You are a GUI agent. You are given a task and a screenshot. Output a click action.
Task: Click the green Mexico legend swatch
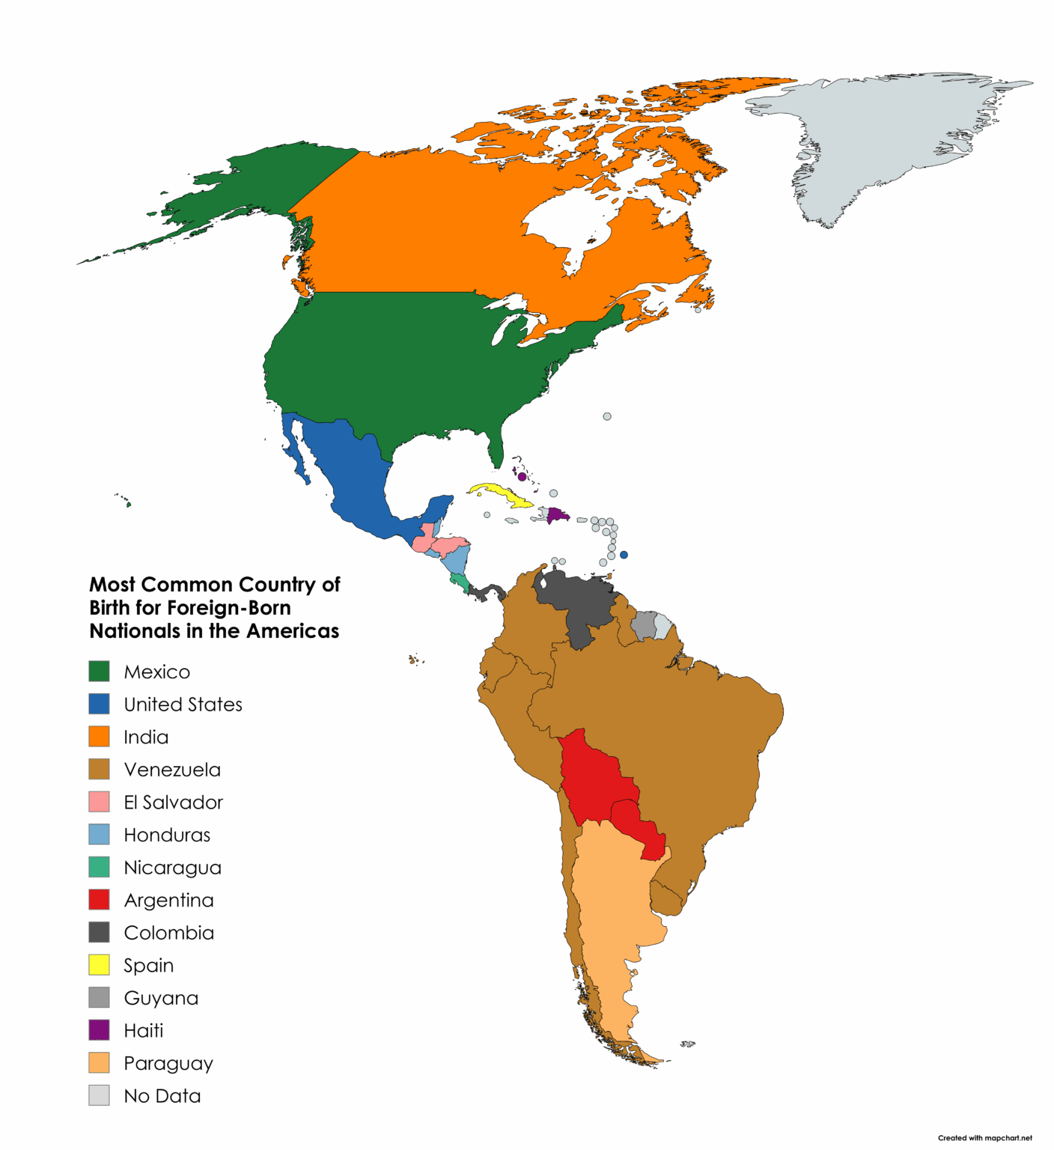[x=99, y=671]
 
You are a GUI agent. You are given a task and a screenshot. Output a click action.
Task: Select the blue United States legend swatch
[x=99, y=704]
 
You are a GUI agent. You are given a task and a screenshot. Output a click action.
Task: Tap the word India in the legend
[x=146, y=737]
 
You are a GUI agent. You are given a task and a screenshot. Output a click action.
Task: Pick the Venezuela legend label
[x=172, y=770]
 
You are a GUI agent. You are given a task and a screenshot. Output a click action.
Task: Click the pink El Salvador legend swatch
[x=99, y=802]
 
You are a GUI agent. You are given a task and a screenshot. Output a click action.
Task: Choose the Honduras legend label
[x=167, y=835]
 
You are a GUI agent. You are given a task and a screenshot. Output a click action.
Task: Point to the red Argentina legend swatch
[x=99, y=899]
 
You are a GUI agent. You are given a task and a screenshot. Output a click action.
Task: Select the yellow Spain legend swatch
[x=99, y=964]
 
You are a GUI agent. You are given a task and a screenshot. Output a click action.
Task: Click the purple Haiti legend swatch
[x=99, y=1029]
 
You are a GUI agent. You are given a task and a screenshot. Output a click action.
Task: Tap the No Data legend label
[x=162, y=1095]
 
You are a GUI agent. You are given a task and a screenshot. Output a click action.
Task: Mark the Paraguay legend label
[x=168, y=1063]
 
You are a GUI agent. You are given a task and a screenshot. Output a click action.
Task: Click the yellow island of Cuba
[x=499, y=493]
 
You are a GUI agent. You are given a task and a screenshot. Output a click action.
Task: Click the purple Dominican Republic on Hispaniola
[x=558, y=515]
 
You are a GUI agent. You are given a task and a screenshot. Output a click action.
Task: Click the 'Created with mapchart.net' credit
[x=984, y=1138]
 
